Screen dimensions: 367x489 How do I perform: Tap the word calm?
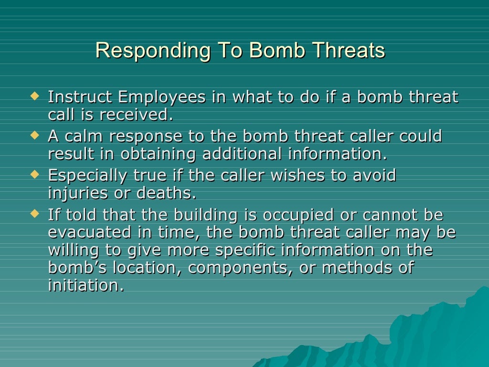click(x=83, y=137)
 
